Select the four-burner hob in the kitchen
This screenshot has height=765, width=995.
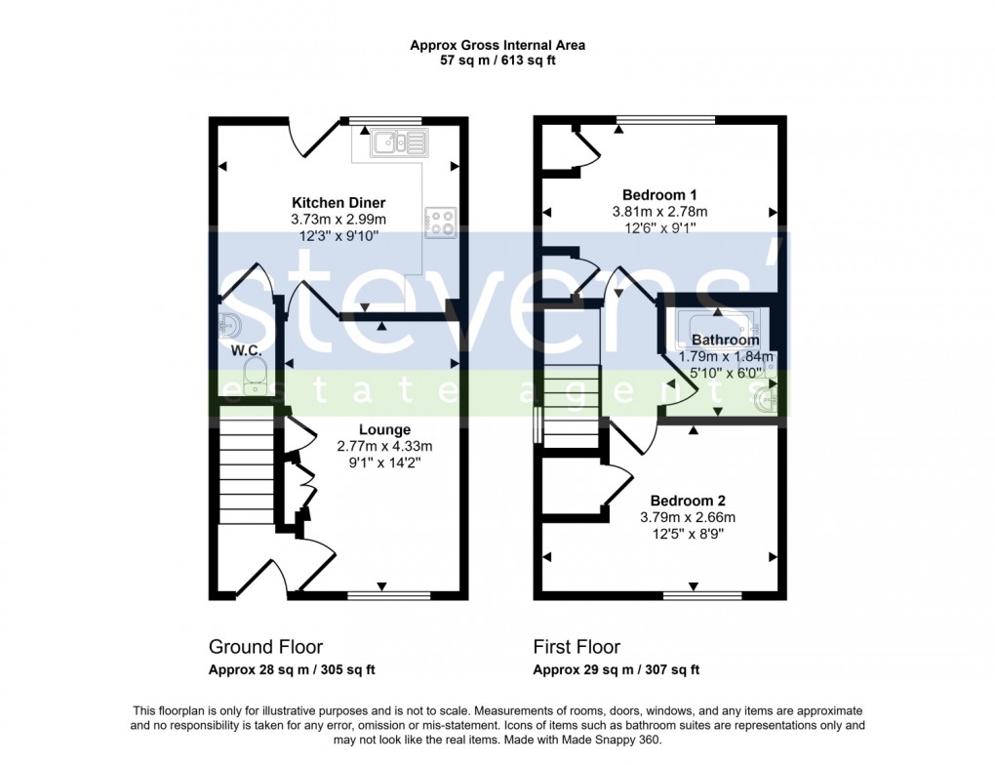click(x=441, y=222)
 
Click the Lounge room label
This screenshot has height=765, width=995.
click(x=384, y=429)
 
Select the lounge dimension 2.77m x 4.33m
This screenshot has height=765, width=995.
click(x=384, y=446)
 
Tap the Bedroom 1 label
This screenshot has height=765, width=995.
click(x=658, y=194)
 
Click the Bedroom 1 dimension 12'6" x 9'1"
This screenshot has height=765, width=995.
click(x=658, y=228)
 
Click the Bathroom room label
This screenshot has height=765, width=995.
click(x=725, y=341)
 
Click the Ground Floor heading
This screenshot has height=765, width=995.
click(x=265, y=647)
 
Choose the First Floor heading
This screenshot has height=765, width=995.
click(x=577, y=647)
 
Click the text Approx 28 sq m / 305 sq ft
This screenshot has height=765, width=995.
click(x=292, y=669)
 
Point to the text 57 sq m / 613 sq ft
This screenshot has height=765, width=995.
click(x=497, y=60)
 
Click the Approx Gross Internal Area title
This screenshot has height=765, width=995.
click(x=497, y=44)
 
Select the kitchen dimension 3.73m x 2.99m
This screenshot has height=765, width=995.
click(x=338, y=219)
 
